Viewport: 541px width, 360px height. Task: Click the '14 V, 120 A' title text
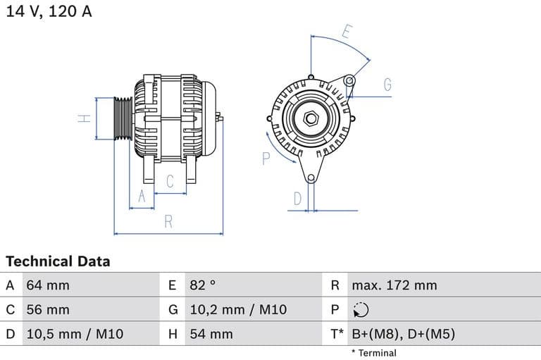click(49, 11)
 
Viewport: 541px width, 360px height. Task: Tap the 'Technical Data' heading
click(58, 261)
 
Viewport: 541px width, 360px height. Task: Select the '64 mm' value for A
click(48, 285)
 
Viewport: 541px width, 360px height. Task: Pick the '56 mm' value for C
click(48, 310)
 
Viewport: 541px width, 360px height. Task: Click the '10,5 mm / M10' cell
click(73, 334)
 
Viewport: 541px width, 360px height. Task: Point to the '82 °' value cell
click(203, 285)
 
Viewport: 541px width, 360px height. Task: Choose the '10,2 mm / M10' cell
click(238, 310)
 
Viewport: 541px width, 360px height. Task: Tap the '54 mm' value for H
click(211, 334)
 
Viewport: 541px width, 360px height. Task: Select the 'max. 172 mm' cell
click(394, 285)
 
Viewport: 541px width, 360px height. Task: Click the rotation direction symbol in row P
click(360, 310)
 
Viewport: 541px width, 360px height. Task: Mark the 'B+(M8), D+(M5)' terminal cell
click(403, 334)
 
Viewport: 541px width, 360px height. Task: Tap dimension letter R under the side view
click(168, 221)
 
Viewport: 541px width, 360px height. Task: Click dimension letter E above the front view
click(346, 32)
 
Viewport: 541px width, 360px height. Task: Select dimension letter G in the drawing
click(387, 85)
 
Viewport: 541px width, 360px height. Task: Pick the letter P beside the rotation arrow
click(266, 159)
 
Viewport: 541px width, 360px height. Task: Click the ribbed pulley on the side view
click(123, 118)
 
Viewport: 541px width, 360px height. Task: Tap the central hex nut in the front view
click(310, 118)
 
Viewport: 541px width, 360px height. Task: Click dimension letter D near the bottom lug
click(297, 199)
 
